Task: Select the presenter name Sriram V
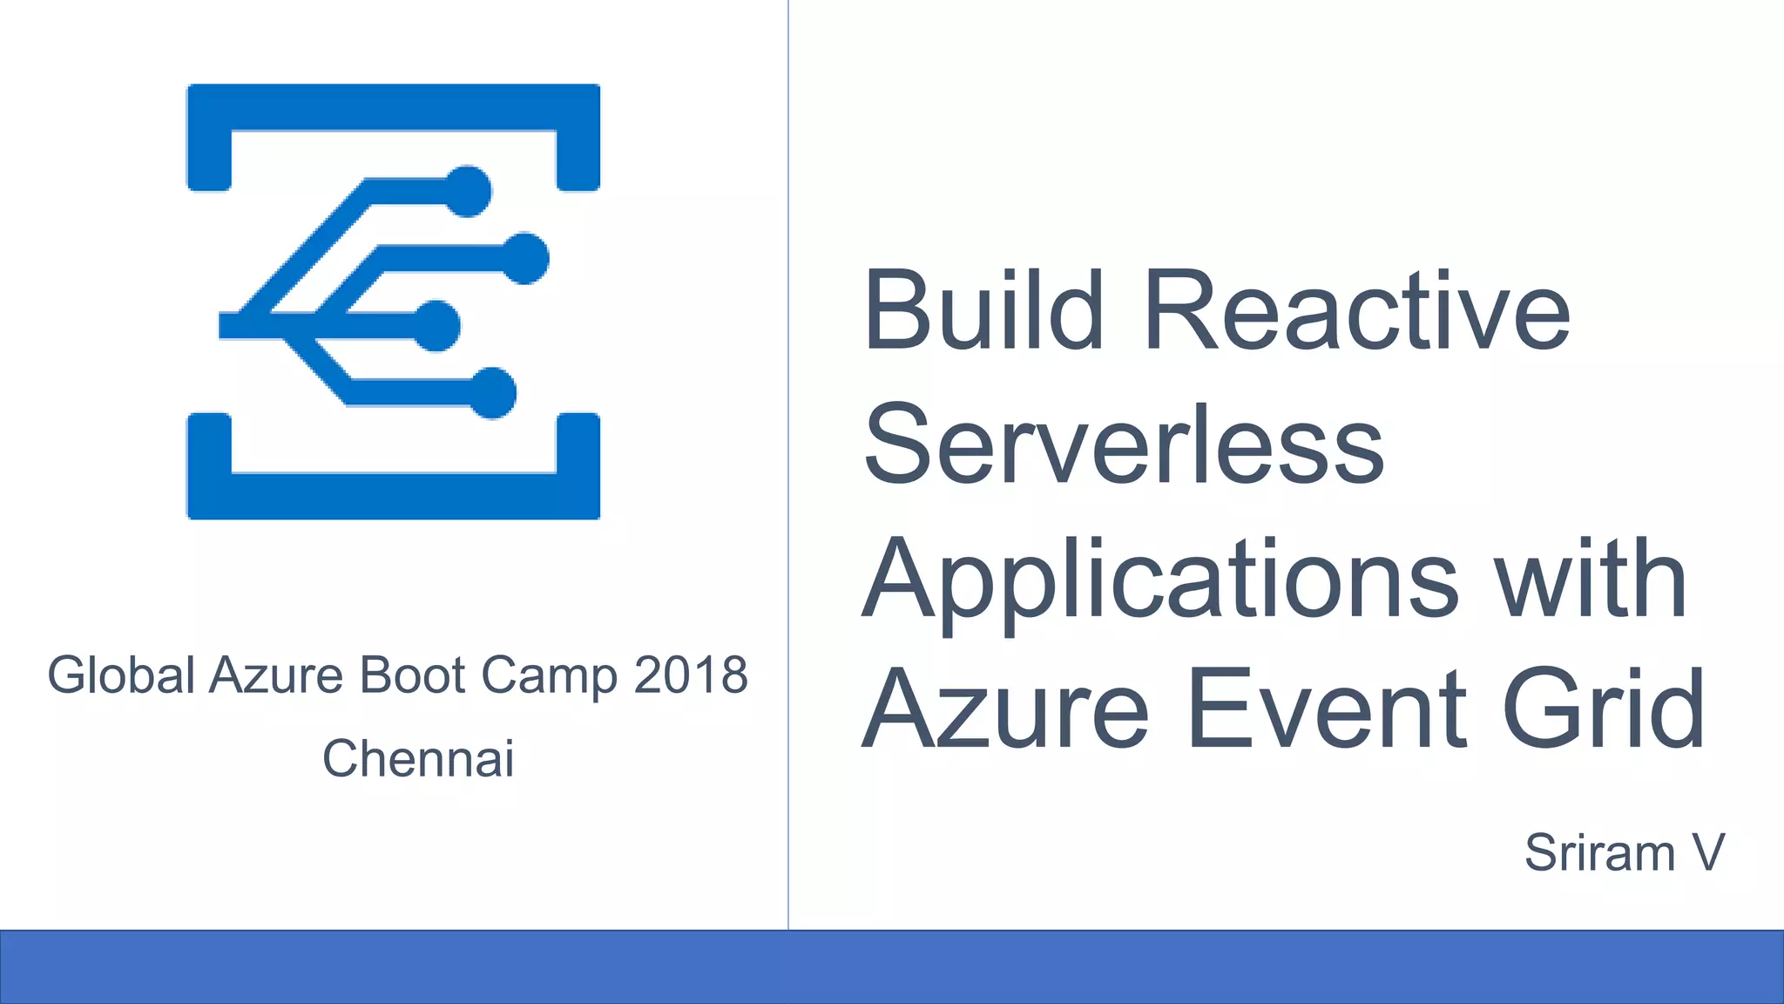[x=1624, y=852]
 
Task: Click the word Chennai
[x=418, y=758]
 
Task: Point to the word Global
[x=121, y=675]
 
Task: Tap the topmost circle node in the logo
[x=468, y=190]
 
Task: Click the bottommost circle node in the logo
[x=493, y=393]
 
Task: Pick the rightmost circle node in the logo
[x=524, y=258]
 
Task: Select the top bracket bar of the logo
[x=394, y=106]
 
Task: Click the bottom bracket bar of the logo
[x=394, y=496]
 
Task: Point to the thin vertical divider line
[x=788, y=462]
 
